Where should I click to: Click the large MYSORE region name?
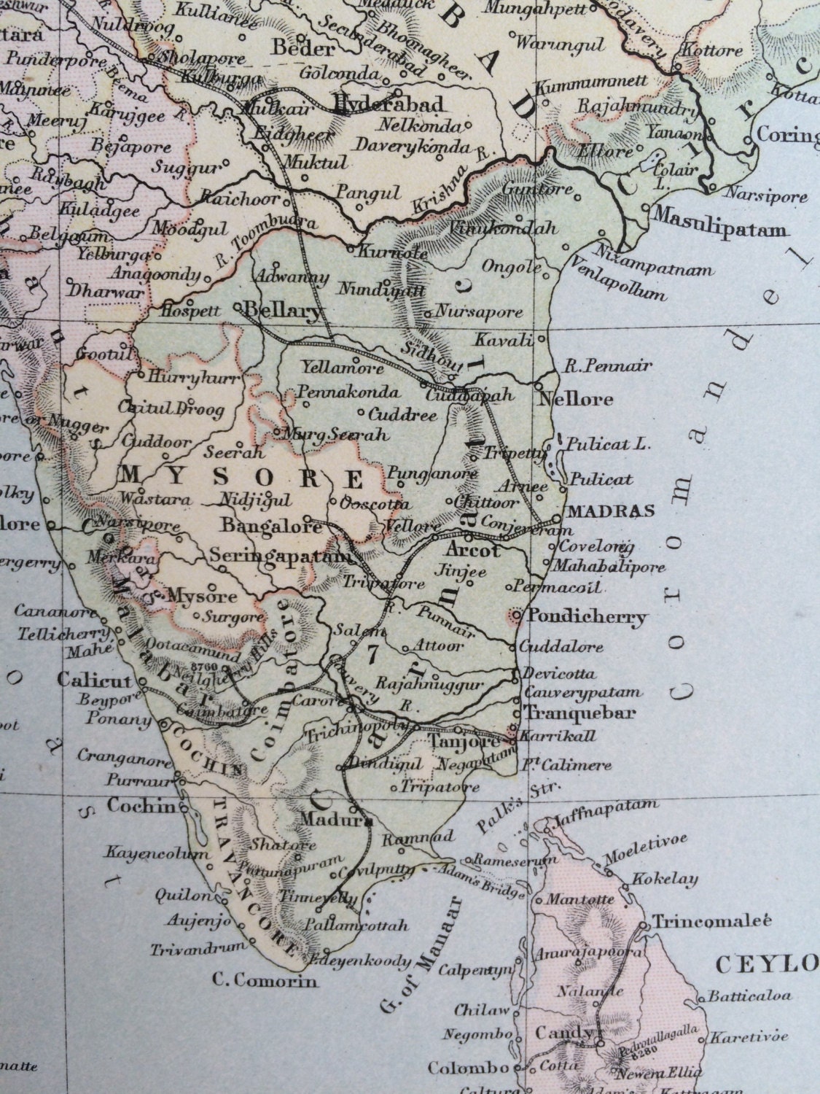tap(241, 478)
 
